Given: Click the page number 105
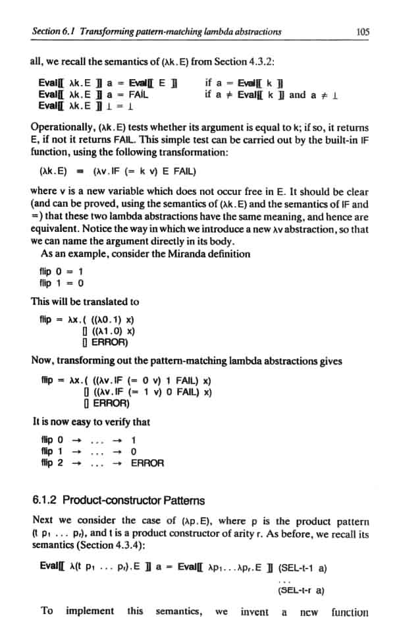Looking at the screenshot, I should click(x=360, y=31).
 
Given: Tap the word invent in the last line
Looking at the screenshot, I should click(x=255, y=611).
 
